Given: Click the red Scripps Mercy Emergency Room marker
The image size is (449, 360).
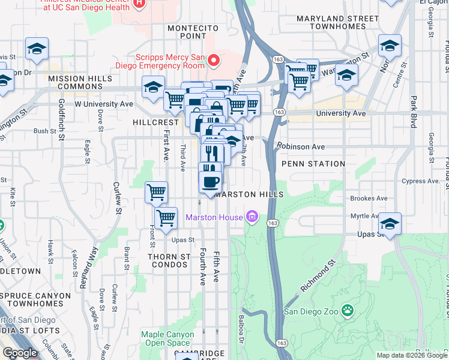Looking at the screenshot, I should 212,61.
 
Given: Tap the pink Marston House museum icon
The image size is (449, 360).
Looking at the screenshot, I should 252,217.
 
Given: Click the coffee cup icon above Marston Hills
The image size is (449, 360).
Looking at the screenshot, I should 209,181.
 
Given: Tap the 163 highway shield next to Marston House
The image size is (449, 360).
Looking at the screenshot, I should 273,223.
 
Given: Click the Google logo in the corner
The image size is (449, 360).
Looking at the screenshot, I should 20,353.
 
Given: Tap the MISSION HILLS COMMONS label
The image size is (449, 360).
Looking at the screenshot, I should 80,83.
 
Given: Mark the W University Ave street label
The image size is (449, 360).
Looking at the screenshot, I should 103,104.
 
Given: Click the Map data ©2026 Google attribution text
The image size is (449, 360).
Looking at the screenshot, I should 412,355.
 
